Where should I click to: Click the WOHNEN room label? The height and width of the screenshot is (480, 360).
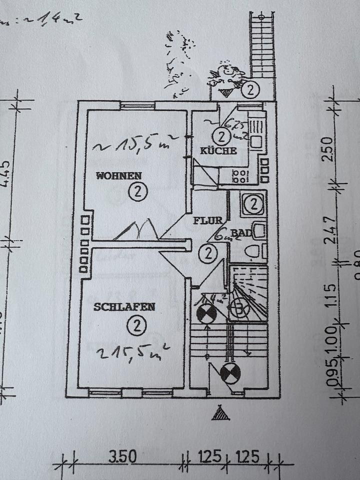tap(119, 176)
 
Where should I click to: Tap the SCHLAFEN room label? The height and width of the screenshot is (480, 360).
tap(124, 307)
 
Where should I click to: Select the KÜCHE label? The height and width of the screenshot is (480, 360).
tap(218, 151)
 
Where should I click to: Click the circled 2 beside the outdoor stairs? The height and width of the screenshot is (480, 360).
tap(250, 90)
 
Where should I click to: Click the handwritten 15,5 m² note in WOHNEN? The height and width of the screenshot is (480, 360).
tap(136, 146)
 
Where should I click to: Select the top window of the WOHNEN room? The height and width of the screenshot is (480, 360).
tap(137, 105)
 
